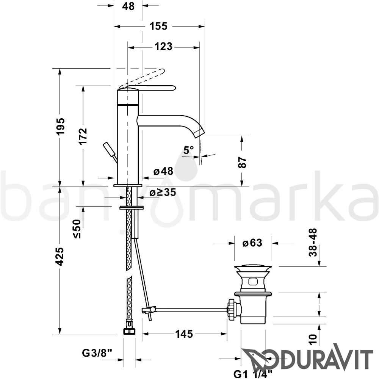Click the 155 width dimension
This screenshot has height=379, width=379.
(158, 26)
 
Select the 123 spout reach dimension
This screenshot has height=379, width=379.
(163, 46)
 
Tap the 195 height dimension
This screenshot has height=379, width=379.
(60, 127)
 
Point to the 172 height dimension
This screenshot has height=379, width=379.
(83, 136)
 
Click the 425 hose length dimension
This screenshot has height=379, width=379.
(60, 257)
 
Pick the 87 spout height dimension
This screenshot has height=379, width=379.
(242, 162)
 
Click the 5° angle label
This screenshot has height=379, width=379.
(188, 150)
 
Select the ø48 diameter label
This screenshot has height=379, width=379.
(163, 171)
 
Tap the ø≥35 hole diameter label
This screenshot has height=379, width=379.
(163, 193)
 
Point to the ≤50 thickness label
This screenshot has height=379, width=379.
(78, 229)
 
